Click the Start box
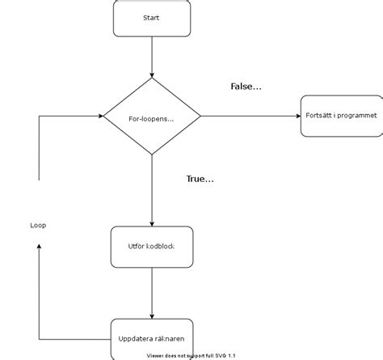152,18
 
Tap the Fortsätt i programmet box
339,116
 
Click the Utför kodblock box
152,247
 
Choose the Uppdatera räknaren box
152,337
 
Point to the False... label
246,87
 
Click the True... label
200,179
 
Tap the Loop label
38,225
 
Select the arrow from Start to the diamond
152,57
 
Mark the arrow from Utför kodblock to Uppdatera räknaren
152,292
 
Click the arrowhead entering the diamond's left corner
99,116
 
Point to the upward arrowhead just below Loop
39,247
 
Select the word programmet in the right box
356,116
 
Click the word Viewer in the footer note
156,355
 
